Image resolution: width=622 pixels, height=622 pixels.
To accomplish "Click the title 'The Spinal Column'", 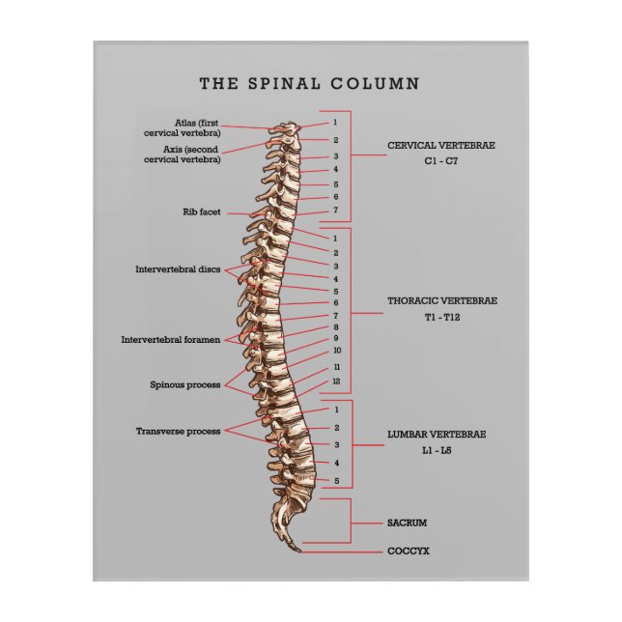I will click(x=309, y=84).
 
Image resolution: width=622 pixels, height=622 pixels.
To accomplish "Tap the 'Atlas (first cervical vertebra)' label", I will click(x=197, y=127).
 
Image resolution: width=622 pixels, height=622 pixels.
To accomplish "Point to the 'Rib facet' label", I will click(x=201, y=211).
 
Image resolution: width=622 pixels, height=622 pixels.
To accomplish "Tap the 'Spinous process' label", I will click(x=184, y=384).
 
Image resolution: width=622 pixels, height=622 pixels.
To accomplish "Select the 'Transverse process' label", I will click(x=178, y=431).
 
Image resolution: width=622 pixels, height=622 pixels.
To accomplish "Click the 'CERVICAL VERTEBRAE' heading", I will click(x=441, y=145).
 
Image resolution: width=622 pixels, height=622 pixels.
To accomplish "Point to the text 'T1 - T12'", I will click(x=441, y=318).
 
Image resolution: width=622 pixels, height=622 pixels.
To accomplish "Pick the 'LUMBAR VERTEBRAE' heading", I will click(x=437, y=435).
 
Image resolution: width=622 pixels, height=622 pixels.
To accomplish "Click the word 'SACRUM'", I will click(x=407, y=523).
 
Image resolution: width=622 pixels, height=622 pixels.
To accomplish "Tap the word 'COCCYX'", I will click(x=408, y=551).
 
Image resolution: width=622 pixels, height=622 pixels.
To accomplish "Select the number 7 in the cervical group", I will click(x=335, y=210).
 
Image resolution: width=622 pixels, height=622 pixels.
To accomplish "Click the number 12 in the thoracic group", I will click(x=336, y=382).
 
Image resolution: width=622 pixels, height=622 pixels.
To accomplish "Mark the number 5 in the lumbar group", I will click(x=336, y=480).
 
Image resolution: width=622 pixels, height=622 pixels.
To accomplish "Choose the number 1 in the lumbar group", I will click(x=336, y=410).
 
